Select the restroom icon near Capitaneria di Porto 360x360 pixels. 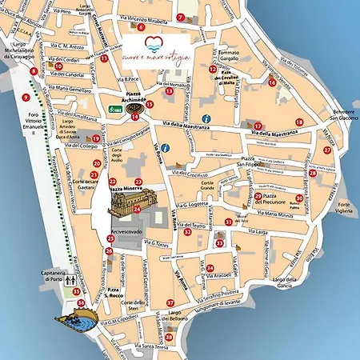[x=71, y=281]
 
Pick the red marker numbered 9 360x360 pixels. [x=26, y=98]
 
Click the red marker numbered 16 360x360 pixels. [x=272, y=82]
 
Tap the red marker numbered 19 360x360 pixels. [x=96, y=138]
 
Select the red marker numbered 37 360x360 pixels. [x=170, y=302]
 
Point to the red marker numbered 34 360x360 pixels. [x=210, y=268]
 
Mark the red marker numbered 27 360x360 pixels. [x=327, y=150]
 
